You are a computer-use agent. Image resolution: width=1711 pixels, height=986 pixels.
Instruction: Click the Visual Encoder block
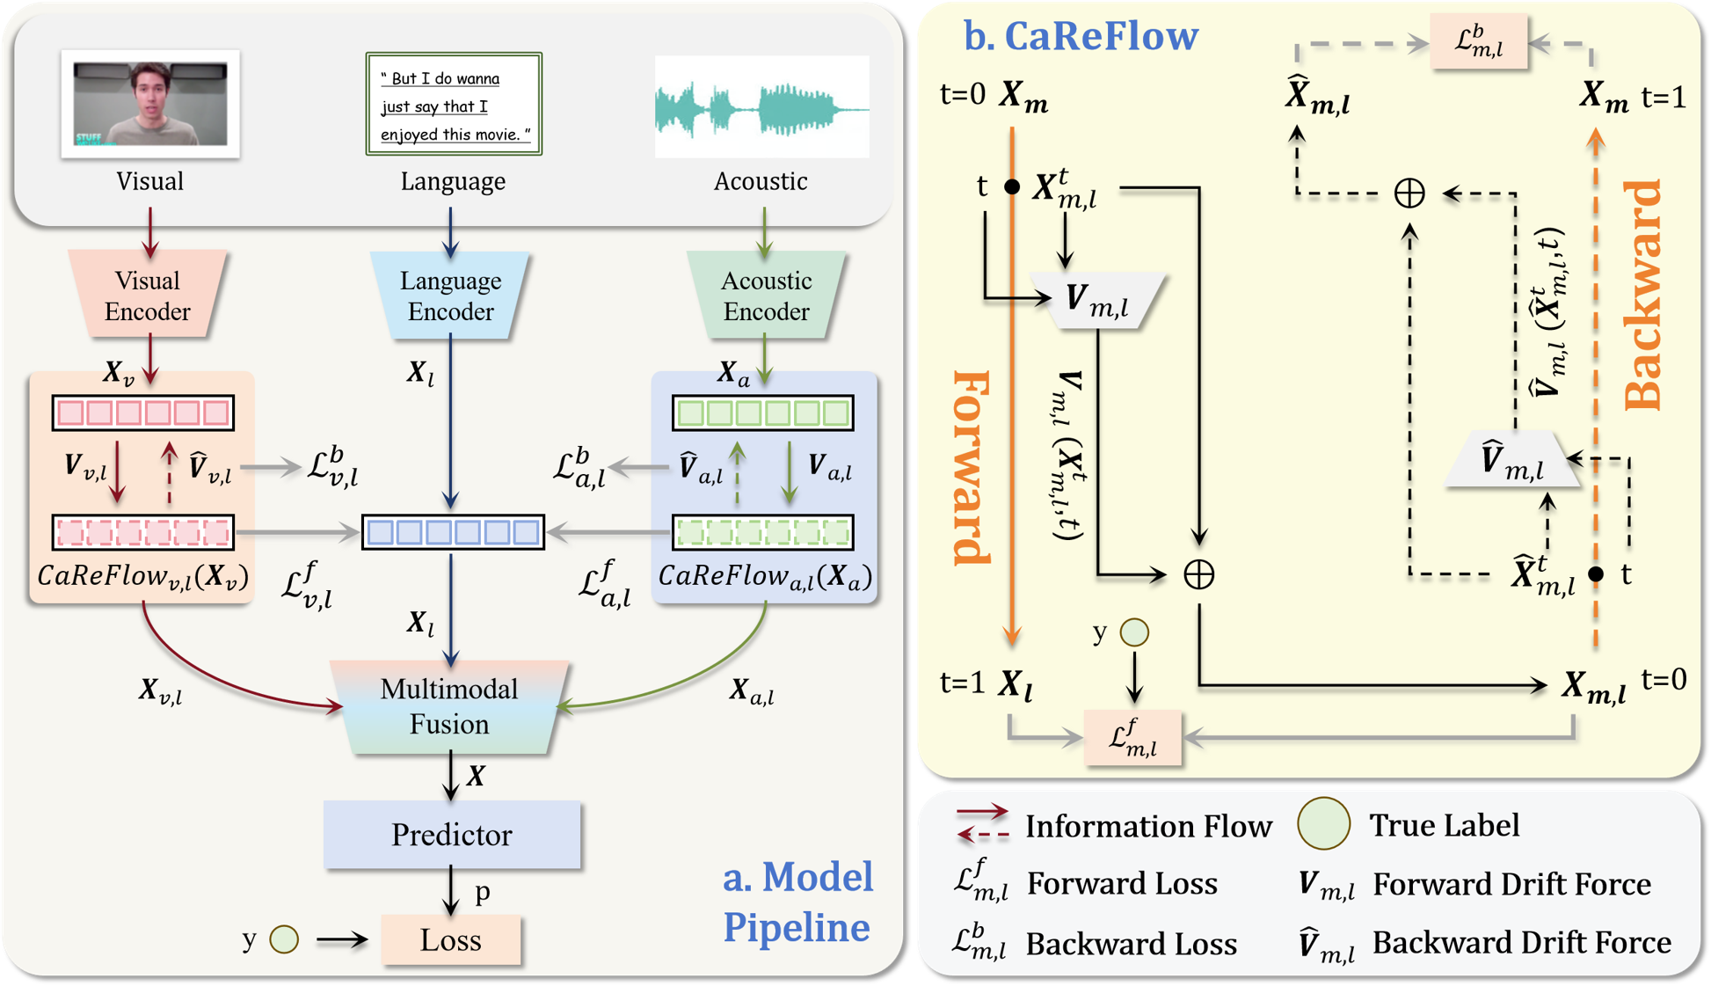[148, 295]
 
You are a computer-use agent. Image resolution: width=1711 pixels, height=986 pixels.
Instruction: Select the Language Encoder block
[450, 296]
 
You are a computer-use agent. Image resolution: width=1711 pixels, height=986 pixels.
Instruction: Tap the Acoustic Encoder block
[766, 296]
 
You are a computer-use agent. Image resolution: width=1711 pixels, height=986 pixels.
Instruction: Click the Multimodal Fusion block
[449, 706]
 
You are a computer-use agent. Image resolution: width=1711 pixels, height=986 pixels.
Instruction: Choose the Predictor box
[452, 835]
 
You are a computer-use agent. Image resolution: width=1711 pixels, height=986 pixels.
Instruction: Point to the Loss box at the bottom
[450, 939]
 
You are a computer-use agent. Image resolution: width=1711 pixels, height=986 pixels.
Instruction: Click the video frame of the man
[150, 104]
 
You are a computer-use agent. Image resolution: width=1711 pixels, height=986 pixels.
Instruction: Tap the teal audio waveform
[761, 108]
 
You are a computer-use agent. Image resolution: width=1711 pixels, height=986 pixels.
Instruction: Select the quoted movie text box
[454, 104]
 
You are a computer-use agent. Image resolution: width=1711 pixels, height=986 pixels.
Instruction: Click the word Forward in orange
[972, 467]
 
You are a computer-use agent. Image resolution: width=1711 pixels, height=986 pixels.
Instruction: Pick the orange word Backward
[1643, 296]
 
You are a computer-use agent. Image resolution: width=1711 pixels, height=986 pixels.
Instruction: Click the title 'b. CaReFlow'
[1081, 36]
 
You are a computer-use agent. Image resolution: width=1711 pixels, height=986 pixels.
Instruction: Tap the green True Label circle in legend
[1323, 823]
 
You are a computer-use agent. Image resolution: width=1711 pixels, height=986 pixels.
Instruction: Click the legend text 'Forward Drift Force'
[1511, 884]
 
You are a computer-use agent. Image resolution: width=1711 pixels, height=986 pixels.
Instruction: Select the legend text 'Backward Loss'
[1132, 944]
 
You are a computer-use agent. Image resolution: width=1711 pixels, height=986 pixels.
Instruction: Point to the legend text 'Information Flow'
[1148, 826]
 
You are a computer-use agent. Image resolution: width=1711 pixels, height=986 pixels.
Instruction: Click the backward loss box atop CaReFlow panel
[1478, 41]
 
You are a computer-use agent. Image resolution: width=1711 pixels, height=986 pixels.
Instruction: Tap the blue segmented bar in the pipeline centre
[454, 532]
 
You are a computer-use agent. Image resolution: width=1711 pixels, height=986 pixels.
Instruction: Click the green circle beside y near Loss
[284, 939]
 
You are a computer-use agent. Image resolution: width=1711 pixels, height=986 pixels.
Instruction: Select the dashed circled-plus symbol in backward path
[1409, 193]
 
